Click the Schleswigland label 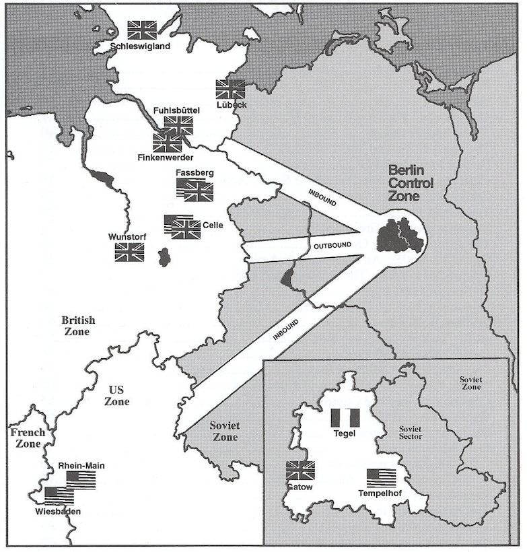141,46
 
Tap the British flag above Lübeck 230,90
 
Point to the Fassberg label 195,172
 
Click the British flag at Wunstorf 129,252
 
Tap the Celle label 212,226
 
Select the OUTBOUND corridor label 332,246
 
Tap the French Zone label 28,438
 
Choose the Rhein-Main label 81,465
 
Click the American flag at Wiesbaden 59,495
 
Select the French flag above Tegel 345,418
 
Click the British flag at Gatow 300,470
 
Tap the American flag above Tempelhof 381,478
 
